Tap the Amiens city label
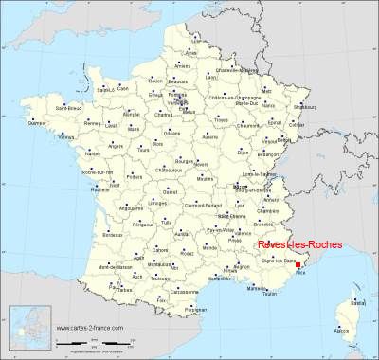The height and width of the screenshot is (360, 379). [181, 65]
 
